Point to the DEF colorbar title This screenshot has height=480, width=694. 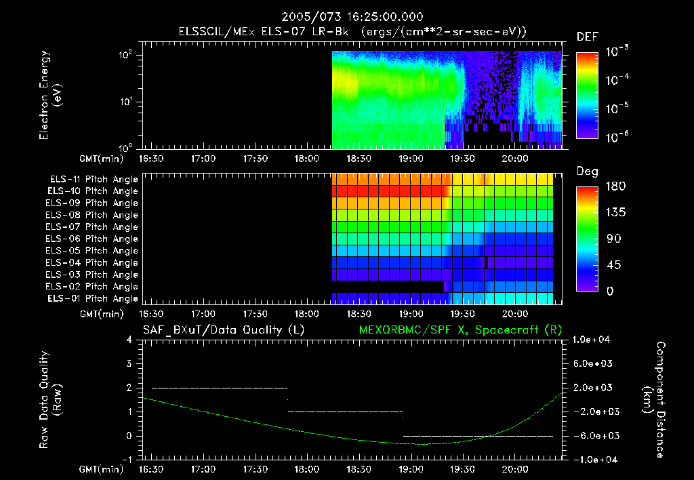coord(587,37)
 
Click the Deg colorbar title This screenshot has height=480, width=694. coord(587,172)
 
